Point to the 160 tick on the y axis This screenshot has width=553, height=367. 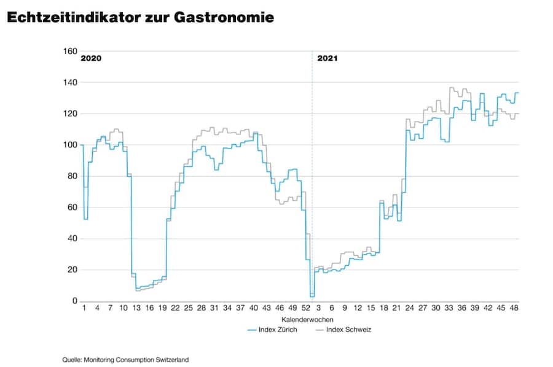coord(69,51)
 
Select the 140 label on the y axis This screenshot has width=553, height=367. coord(69,82)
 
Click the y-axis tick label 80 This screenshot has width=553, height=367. coord(71,176)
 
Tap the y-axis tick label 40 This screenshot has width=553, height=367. coord(71,239)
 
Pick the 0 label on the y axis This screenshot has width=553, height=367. coord(74,301)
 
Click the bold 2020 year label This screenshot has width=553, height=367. coord(90,59)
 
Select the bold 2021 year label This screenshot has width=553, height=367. coord(327,59)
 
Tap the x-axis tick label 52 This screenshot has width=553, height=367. coord(305,309)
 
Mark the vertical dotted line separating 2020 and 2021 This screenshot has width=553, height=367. coord(312,184)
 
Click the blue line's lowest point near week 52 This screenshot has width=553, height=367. coord(312,296)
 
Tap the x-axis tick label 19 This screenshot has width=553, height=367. coord(162,309)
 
